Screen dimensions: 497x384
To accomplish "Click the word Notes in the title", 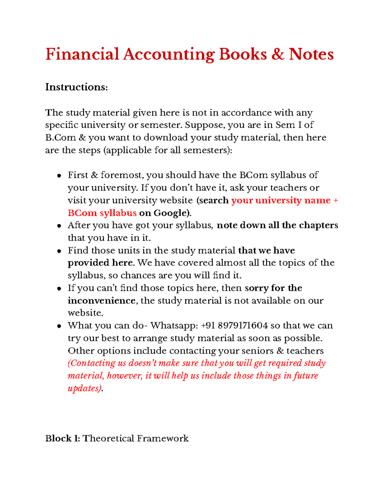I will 311,54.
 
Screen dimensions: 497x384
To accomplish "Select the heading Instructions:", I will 76,87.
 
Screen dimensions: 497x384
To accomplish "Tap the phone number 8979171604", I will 242,326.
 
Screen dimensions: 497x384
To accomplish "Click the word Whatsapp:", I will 174,326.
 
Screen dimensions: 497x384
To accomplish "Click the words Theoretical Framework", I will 136,438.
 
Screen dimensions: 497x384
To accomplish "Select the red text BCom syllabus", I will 102,213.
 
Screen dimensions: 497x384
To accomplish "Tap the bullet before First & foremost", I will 59,176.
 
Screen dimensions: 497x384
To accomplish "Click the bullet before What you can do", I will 59,326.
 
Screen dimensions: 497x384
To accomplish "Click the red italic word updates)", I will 85,389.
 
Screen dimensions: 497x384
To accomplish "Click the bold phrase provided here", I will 100,263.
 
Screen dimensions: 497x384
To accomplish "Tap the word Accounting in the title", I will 169,54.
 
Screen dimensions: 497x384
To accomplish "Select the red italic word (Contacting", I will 92,363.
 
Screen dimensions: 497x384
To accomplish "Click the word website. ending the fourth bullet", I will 85,313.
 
